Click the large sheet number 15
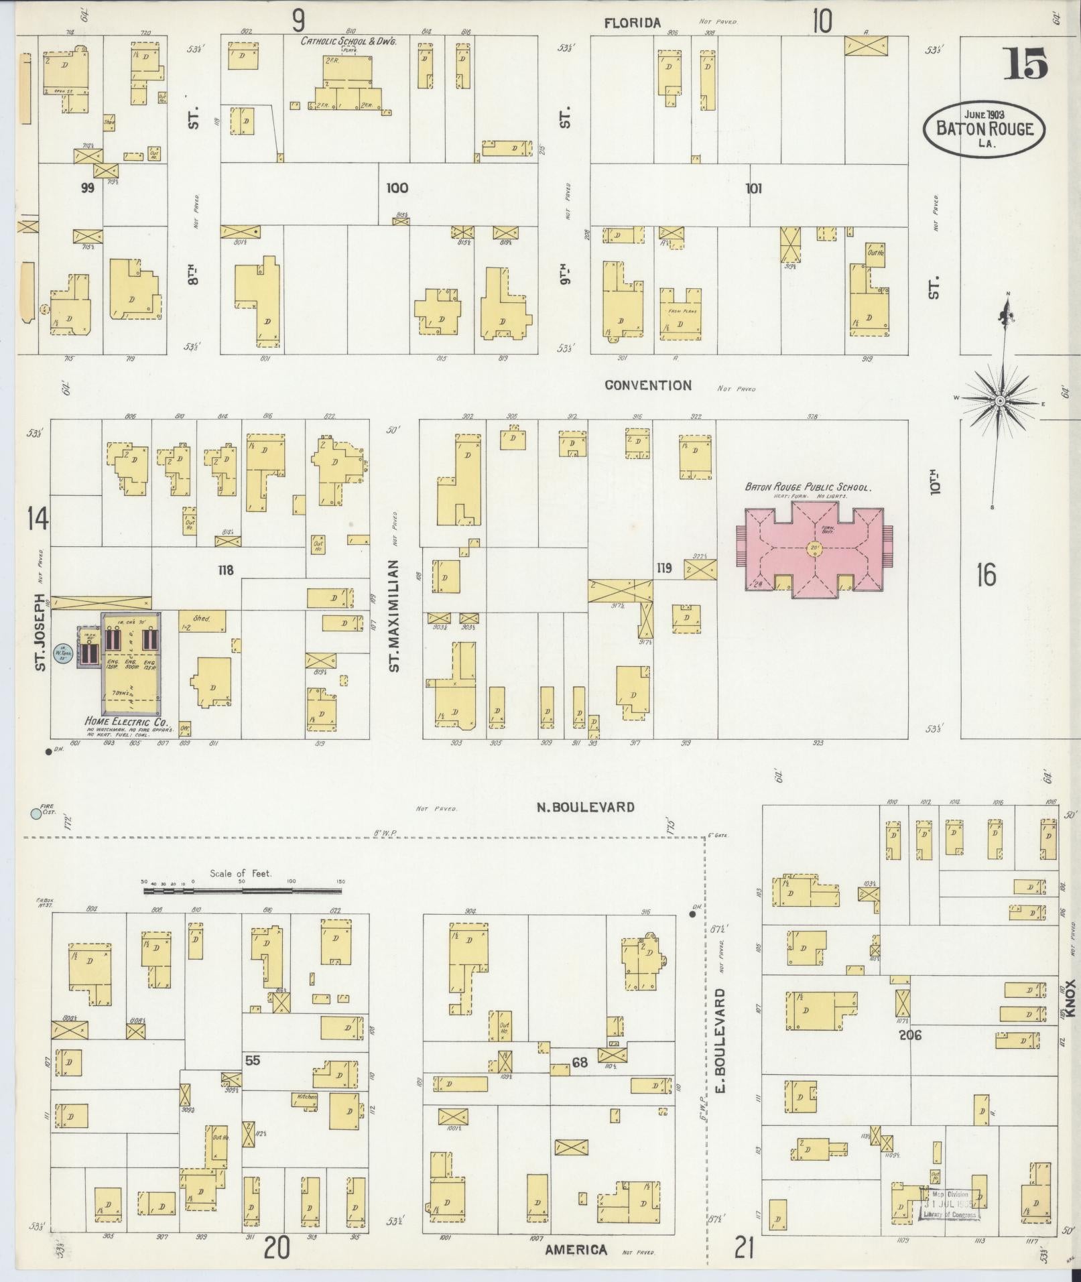coord(1025,65)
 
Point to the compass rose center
coord(999,400)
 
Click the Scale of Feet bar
coord(243,891)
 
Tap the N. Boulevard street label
coord(585,807)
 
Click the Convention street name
coord(647,385)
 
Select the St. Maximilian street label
coord(395,616)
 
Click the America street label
coord(576,1250)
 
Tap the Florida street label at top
coord(632,23)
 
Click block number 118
coord(225,570)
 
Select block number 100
coord(397,188)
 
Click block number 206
coord(910,1035)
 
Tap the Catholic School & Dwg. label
coord(348,42)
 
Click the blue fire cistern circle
coord(36,814)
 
